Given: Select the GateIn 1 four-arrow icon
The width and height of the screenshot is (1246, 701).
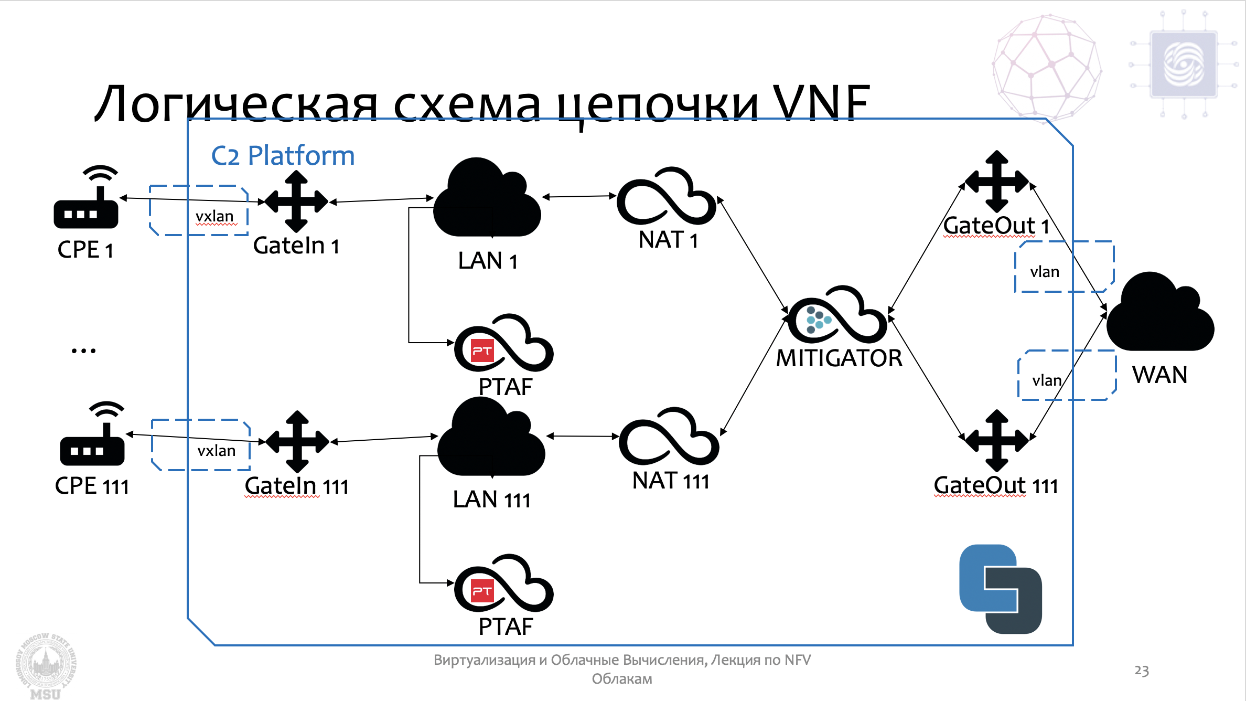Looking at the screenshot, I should tap(296, 201).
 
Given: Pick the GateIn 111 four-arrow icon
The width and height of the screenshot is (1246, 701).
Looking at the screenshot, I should tap(297, 441).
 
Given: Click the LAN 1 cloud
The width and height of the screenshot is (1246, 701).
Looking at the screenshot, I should tap(487, 202).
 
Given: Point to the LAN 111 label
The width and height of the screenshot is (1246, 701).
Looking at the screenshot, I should tap(491, 500).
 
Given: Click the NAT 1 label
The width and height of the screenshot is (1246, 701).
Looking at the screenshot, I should tap(668, 240).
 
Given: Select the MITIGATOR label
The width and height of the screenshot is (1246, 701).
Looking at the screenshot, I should tap(839, 358).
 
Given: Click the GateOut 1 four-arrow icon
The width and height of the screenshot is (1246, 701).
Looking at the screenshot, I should tap(996, 182).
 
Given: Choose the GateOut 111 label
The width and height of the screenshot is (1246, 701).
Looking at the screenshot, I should tap(995, 486).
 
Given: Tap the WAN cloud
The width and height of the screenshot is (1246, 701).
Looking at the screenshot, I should tap(1160, 315).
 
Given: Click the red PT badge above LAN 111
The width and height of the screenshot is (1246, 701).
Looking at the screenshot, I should tap(482, 351).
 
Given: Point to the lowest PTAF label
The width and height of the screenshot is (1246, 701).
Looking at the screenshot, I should tap(506, 627).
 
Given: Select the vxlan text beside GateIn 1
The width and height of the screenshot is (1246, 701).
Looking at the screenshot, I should tap(214, 216).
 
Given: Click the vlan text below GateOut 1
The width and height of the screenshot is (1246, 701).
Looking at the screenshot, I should tap(1045, 272).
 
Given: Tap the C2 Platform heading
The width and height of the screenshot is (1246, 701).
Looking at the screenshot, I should tap(283, 156).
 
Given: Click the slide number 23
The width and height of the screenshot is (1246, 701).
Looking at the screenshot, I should tap(1142, 671).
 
